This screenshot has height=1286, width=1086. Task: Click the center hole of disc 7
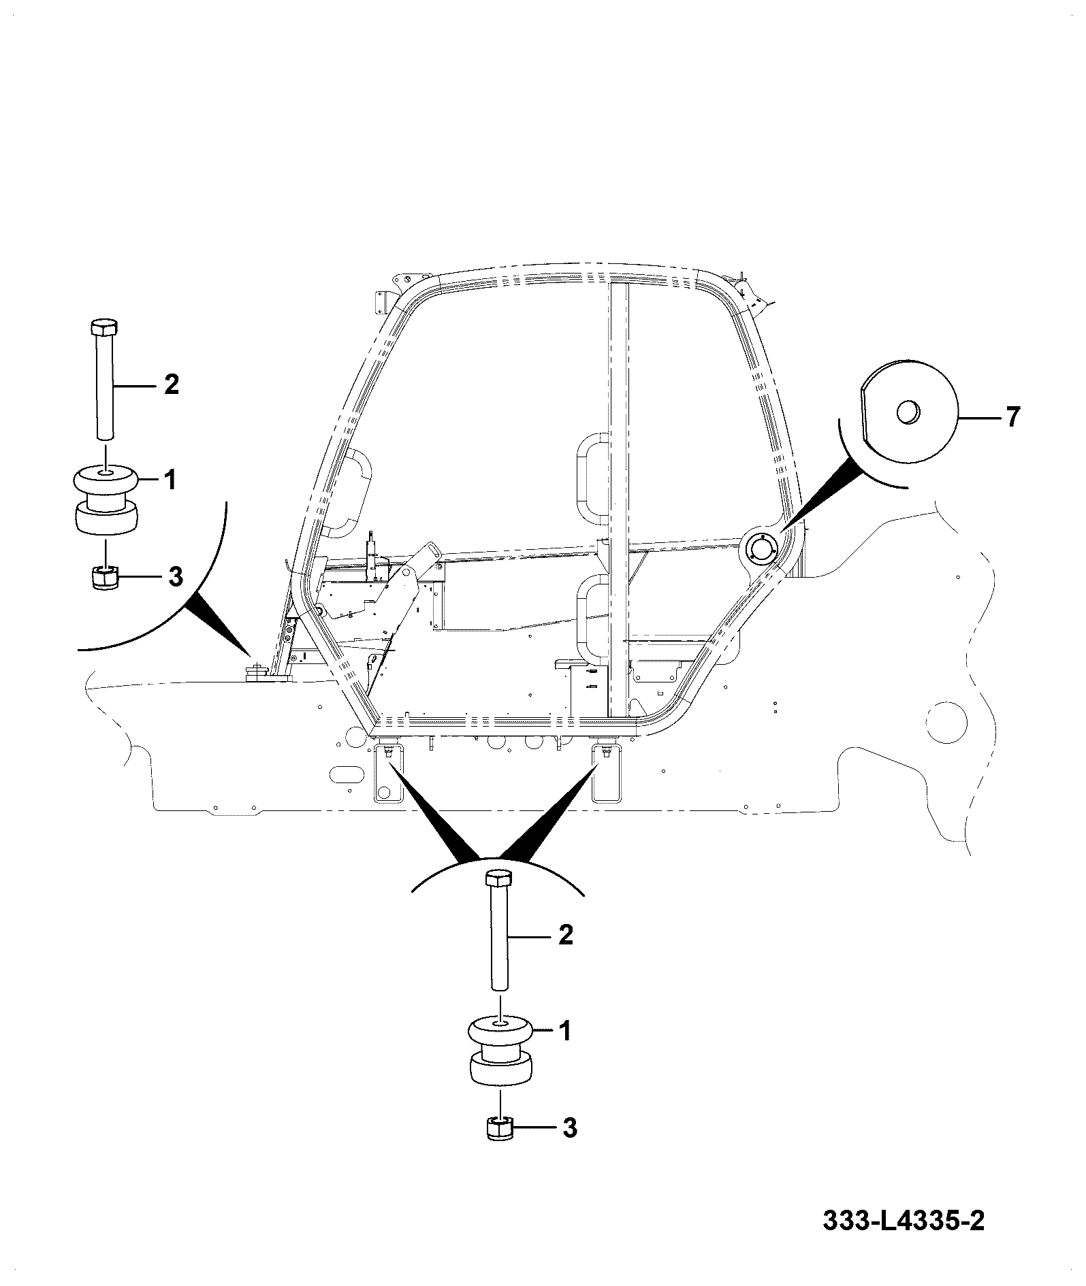(908, 412)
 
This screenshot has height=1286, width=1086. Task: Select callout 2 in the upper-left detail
(171, 385)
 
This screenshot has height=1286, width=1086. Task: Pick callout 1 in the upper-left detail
(170, 481)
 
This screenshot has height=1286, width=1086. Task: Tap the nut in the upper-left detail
(104, 578)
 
